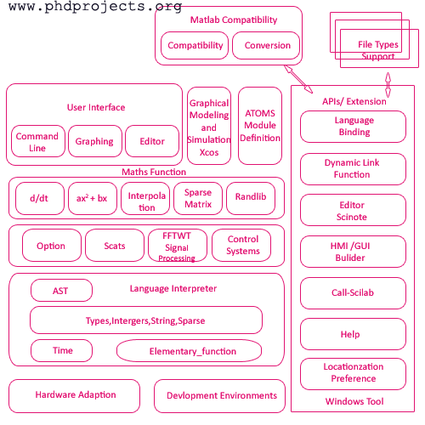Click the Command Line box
(37, 141)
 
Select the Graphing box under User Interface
(93, 141)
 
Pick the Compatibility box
(195, 46)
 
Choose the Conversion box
(267, 46)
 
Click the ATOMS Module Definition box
(260, 125)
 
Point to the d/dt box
(39, 199)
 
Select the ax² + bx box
(92, 199)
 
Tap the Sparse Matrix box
(198, 199)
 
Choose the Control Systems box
(243, 246)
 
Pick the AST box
(61, 291)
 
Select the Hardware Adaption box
(75, 395)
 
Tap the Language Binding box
(354, 127)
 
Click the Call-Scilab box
(354, 292)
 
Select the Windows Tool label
(354, 402)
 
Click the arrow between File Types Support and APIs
(388, 84)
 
